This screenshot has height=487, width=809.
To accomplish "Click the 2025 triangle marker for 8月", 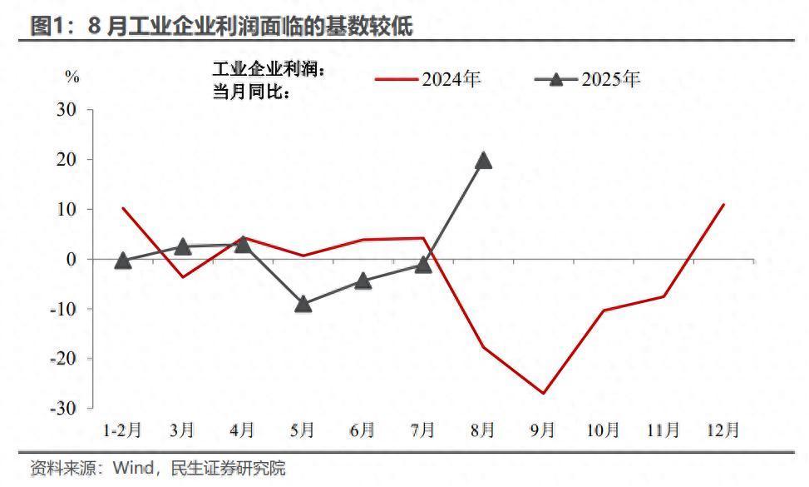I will pyautogui.click(x=483, y=160).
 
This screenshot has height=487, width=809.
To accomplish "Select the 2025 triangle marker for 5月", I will pyautogui.click(x=303, y=304).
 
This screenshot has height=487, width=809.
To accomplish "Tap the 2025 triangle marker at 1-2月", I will pyautogui.click(x=123, y=261).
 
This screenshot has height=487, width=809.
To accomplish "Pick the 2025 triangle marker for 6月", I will pyautogui.click(x=363, y=281).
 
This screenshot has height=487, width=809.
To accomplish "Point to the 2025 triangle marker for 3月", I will pyautogui.click(x=183, y=246).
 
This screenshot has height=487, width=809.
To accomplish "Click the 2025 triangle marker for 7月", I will pyautogui.click(x=423, y=265).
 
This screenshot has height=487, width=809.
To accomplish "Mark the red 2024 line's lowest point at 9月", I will pyautogui.click(x=543, y=393).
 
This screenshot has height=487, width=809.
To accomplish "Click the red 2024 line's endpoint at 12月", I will pyautogui.click(x=723, y=204).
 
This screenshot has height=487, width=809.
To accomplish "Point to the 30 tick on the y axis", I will pyautogui.click(x=67, y=110).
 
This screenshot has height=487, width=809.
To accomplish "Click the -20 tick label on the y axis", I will pyautogui.click(x=63, y=359).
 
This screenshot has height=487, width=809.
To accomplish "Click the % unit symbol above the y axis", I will pyautogui.click(x=72, y=77).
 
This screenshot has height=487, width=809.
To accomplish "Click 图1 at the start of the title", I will pyautogui.click(x=48, y=27).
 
